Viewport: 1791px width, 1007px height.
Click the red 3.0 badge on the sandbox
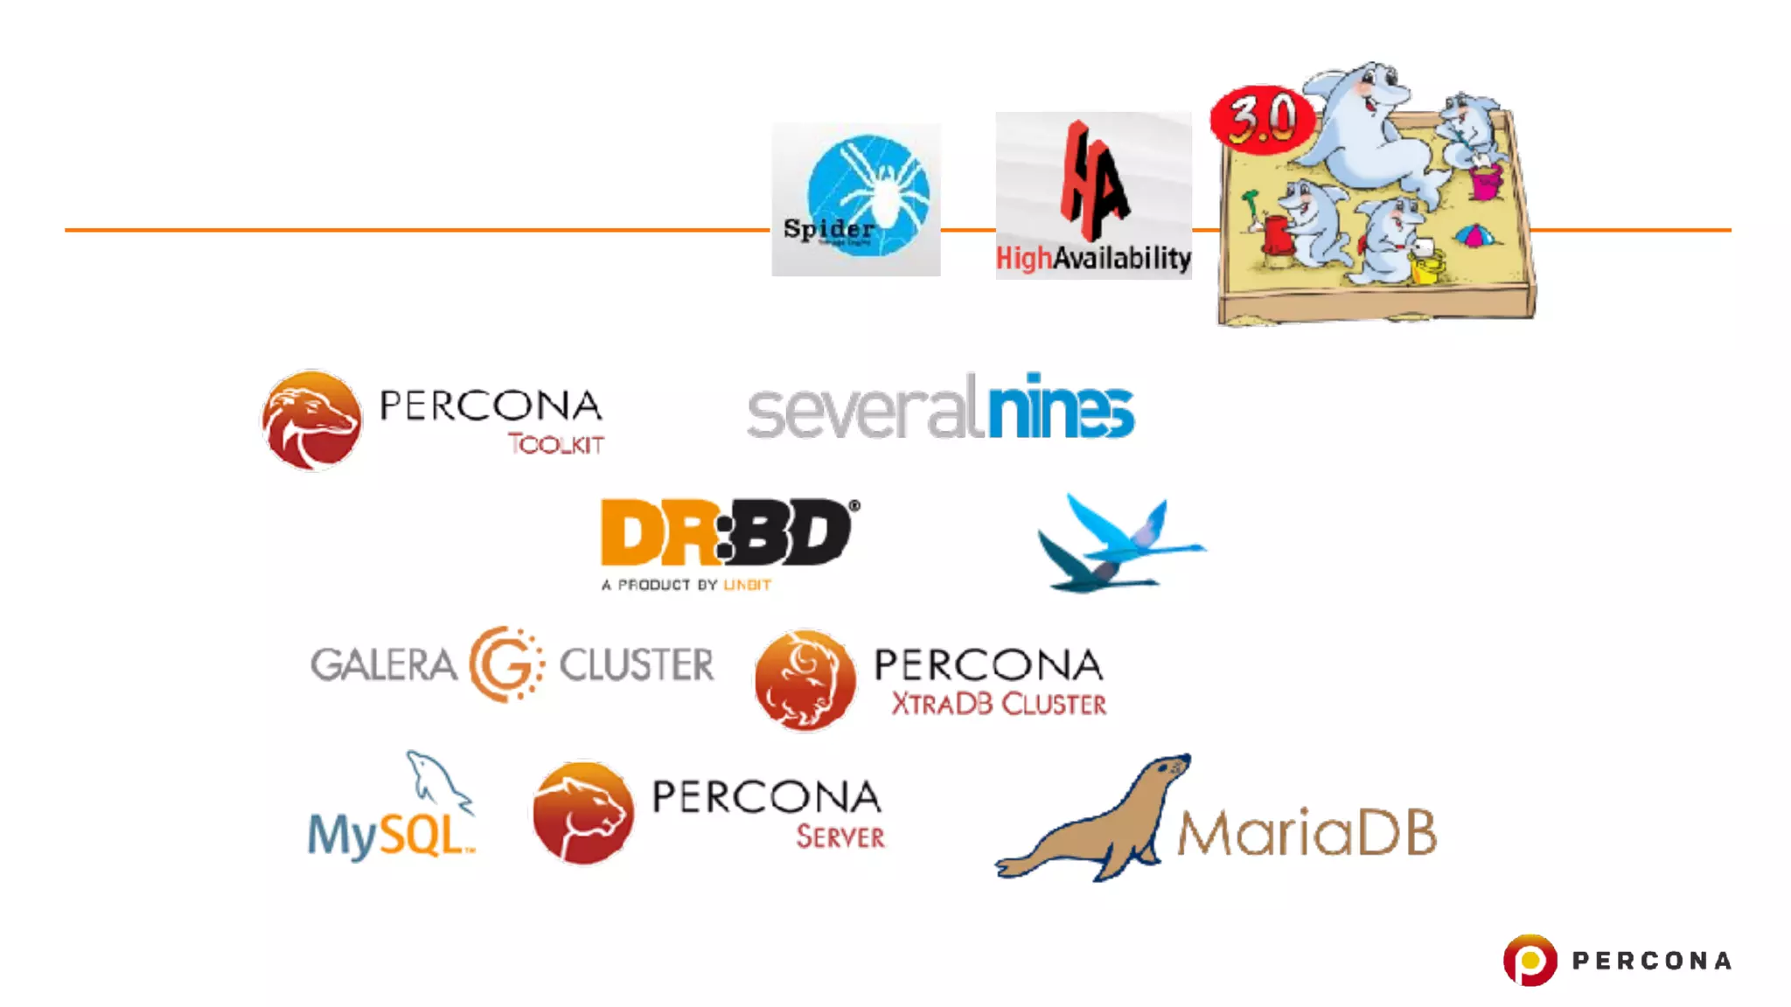[1261, 120]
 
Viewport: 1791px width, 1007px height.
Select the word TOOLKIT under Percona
[556, 444]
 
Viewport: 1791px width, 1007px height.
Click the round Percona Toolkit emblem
[311, 420]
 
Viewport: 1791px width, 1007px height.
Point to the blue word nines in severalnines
[1060, 407]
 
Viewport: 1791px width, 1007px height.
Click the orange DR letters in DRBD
[656, 532]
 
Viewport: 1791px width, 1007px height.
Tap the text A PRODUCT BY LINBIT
[686, 585]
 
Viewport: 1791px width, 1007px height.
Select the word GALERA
[383, 665]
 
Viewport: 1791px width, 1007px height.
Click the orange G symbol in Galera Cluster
[505, 664]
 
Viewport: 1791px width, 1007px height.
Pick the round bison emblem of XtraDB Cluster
[805, 680]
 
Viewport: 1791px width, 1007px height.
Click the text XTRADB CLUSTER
[998, 705]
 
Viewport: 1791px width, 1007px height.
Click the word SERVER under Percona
[840, 837]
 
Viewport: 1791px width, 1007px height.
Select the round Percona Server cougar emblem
[583, 813]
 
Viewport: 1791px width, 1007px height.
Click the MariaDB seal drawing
[1093, 822]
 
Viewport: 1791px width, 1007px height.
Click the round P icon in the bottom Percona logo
[1530, 960]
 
